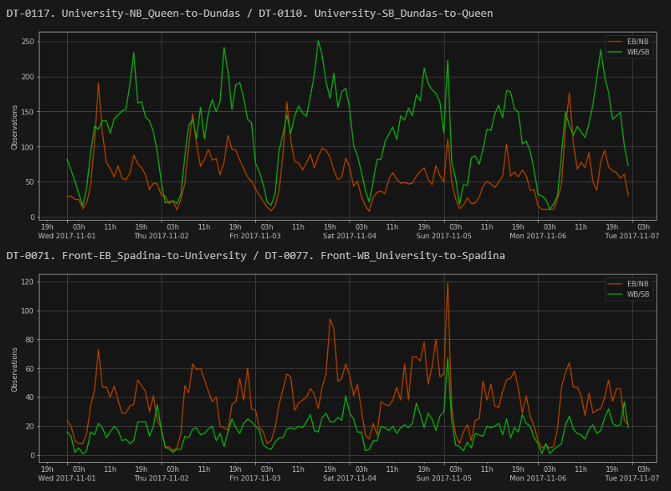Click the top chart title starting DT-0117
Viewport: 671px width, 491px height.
point(250,13)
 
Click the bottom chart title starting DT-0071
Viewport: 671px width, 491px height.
point(256,255)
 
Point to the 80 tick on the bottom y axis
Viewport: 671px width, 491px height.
point(30,339)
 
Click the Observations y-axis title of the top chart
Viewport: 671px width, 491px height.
point(14,128)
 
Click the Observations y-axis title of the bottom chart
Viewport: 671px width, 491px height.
point(14,369)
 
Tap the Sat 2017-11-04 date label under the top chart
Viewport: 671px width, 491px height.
point(349,236)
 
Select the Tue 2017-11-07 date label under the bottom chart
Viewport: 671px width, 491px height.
point(631,477)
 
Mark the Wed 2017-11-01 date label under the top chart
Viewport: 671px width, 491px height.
point(67,236)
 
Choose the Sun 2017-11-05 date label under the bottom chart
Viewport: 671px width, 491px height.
point(443,477)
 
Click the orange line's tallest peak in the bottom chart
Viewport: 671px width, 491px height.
point(447,283)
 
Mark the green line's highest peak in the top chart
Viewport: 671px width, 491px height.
point(318,41)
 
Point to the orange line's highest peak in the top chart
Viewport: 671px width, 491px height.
point(98,82)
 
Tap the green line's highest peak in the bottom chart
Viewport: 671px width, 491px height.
point(447,357)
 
